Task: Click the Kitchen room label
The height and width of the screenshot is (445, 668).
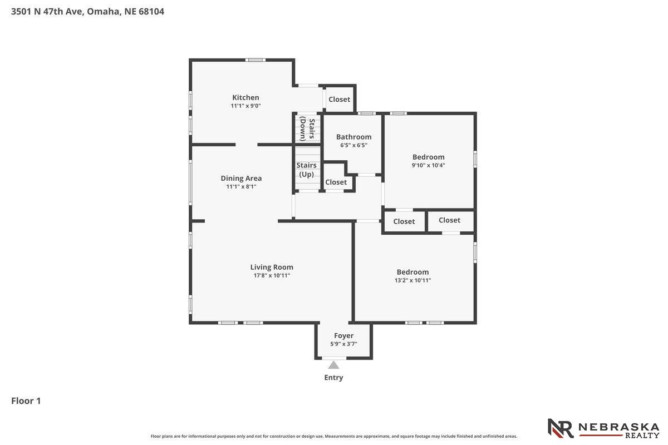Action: tap(245, 97)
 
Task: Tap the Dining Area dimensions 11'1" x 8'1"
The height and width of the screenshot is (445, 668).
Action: tap(241, 186)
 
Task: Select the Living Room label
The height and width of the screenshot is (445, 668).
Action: tap(272, 267)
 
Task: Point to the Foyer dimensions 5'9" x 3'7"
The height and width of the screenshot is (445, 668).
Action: tap(343, 344)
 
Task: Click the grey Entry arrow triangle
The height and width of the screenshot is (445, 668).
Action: tap(333, 365)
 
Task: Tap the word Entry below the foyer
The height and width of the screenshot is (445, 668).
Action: tap(333, 378)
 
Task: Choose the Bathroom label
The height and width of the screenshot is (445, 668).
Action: tap(353, 137)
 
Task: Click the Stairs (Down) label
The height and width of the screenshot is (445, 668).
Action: tap(307, 128)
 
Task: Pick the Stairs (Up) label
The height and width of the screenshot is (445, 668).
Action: tap(306, 170)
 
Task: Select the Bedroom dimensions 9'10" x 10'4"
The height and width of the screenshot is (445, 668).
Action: tap(428, 165)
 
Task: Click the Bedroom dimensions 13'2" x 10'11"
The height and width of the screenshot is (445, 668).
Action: tap(412, 280)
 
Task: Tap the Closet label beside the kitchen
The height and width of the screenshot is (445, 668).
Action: tap(340, 99)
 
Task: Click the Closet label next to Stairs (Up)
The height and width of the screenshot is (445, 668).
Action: tap(336, 182)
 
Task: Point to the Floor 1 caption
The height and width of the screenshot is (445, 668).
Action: tap(26, 401)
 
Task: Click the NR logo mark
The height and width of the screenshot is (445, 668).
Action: tap(561, 428)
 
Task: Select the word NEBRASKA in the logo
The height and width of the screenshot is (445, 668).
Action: tap(619, 427)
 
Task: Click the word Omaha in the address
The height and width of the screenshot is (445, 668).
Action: tap(104, 12)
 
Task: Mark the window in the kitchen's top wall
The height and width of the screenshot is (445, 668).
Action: tap(256, 60)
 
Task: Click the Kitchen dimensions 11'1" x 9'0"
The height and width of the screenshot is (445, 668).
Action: tap(245, 106)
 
